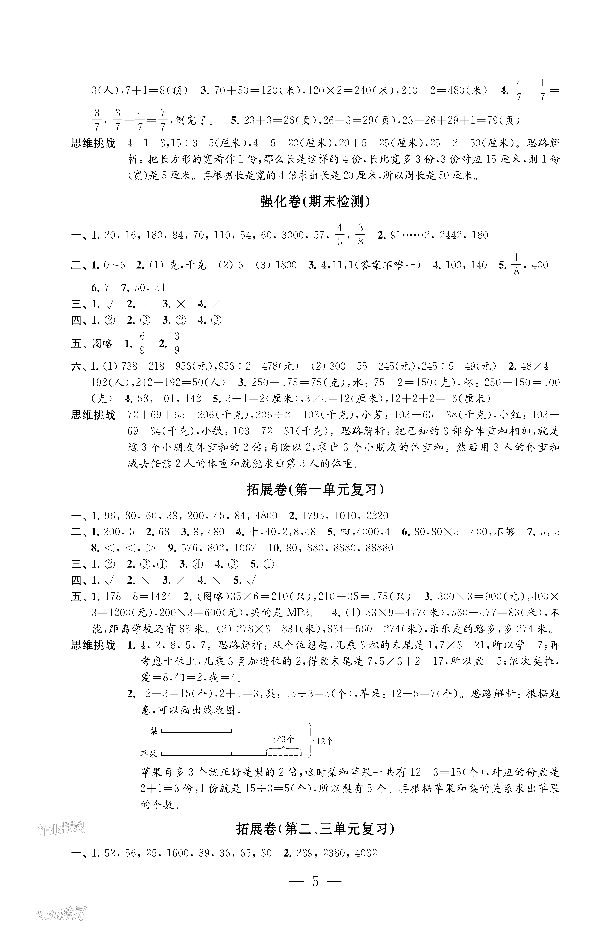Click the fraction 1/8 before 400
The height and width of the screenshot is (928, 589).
coord(517,265)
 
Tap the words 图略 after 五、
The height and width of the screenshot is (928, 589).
coord(103,343)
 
